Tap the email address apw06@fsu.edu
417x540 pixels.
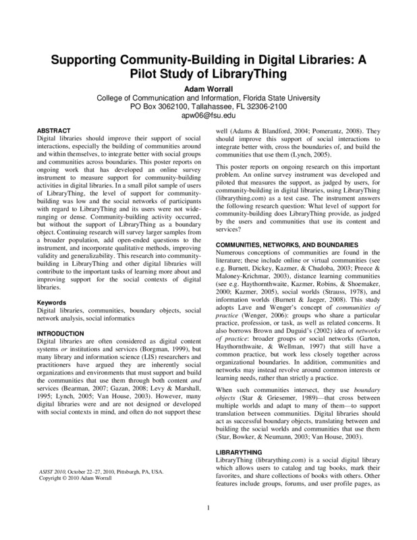pyautogui.click(x=208, y=115)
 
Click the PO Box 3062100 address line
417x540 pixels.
pyautogui.click(x=208, y=106)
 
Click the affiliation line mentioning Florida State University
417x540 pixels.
pyautogui.click(x=208, y=97)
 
